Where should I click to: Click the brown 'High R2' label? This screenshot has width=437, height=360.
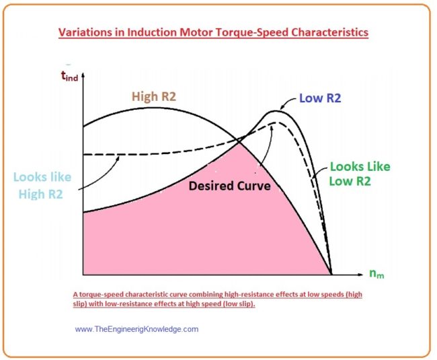[x=153, y=97]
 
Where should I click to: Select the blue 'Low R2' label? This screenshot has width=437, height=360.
[x=320, y=98]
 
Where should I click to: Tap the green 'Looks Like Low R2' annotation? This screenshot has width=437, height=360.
[x=359, y=174]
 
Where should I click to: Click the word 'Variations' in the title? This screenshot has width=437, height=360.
[x=85, y=32]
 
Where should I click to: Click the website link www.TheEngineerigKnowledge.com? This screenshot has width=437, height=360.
[x=136, y=329]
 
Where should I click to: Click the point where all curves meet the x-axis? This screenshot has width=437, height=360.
[x=331, y=274]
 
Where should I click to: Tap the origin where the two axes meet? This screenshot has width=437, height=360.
[x=82, y=275]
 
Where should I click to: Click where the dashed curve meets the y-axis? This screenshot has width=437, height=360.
[x=83, y=154]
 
